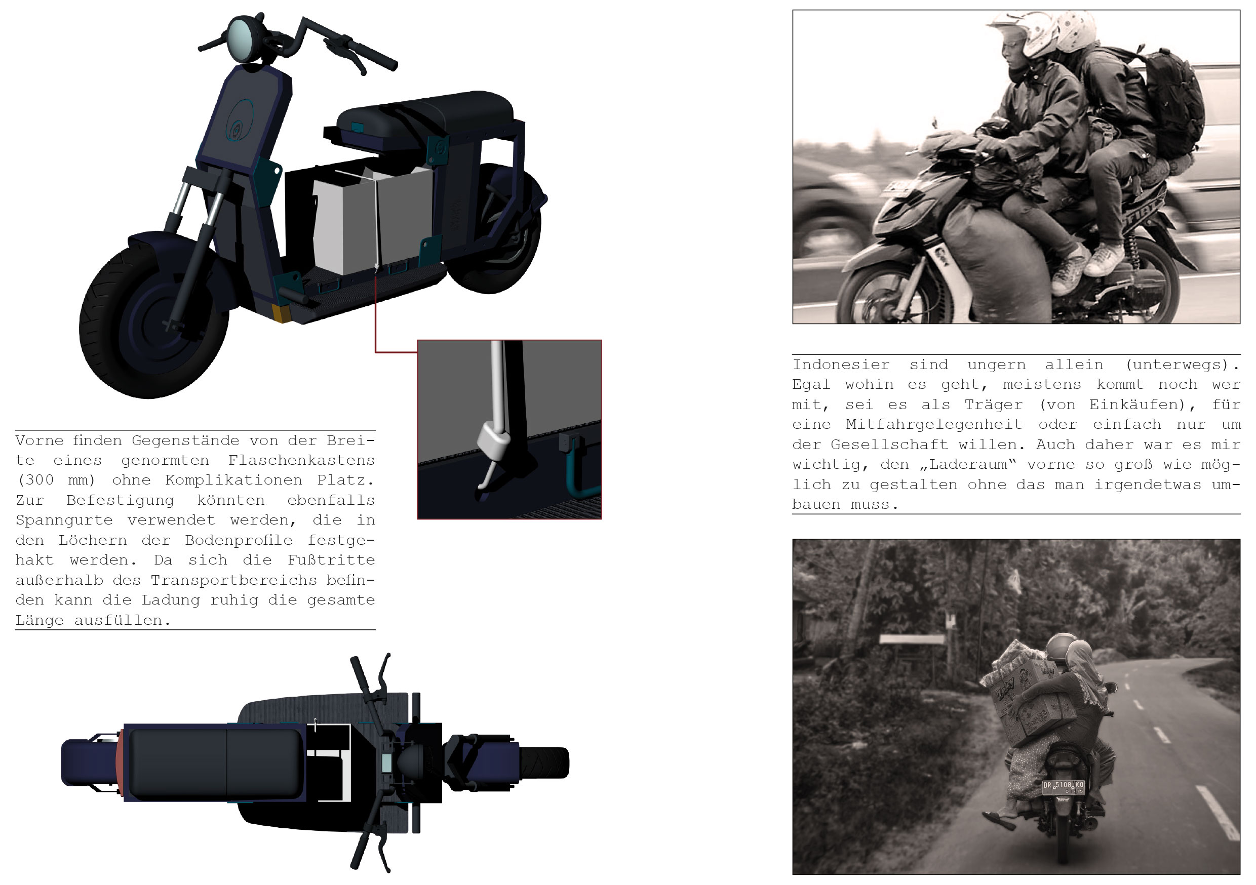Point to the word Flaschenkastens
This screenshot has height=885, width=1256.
(x=301, y=461)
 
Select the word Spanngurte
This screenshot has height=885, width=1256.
(x=64, y=520)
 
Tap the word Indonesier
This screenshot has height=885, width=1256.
(x=841, y=365)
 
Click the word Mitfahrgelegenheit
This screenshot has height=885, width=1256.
(x=934, y=424)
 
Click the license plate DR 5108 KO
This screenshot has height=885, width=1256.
(x=1063, y=787)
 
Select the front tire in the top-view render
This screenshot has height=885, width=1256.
(x=544, y=762)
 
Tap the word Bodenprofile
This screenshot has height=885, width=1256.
(x=239, y=540)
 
